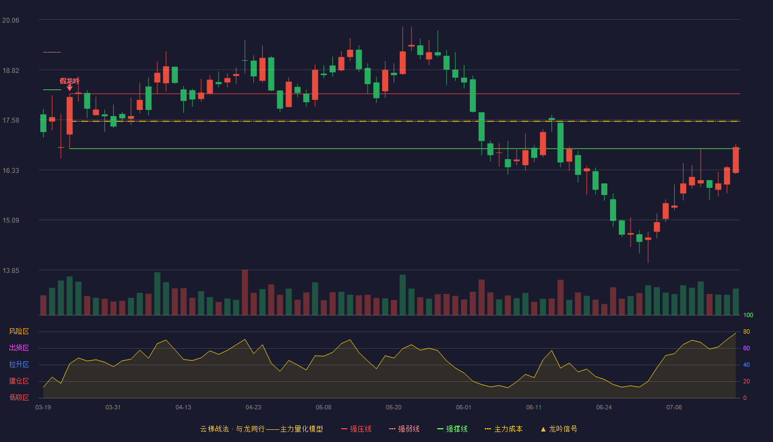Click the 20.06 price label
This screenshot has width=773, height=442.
[x=10, y=20]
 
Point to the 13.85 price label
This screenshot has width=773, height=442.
[x=10, y=270]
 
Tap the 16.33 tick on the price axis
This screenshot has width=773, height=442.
[x=10, y=171]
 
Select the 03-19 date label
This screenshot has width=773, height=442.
[x=43, y=408]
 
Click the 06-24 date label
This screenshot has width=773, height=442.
[x=604, y=408]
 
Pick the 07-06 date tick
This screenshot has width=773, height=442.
[x=674, y=408]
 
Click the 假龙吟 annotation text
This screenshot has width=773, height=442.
[x=70, y=81]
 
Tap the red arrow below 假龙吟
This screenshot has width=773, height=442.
[x=70, y=88]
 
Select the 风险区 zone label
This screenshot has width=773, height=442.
[x=19, y=331]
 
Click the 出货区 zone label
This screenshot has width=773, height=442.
[x=19, y=348]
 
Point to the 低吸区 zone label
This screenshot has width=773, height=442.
[x=19, y=397]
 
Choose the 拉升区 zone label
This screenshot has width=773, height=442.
[x=19, y=364]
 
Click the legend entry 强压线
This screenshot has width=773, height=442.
[x=356, y=429]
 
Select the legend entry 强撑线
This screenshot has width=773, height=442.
[x=452, y=429]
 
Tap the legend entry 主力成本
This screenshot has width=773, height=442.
[x=504, y=429]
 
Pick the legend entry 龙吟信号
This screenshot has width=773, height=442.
[x=559, y=429]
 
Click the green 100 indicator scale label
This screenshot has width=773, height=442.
[x=748, y=315]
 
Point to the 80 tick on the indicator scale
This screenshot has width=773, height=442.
[x=746, y=331]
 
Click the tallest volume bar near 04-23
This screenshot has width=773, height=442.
[x=245, y=292]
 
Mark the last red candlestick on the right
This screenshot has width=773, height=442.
[x=735, y=160]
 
